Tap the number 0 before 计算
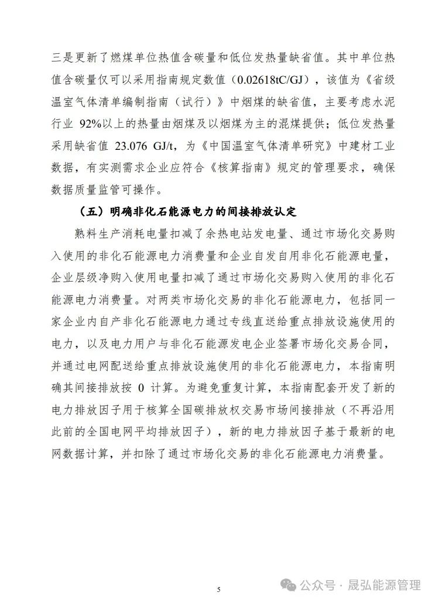pos(141,387)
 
